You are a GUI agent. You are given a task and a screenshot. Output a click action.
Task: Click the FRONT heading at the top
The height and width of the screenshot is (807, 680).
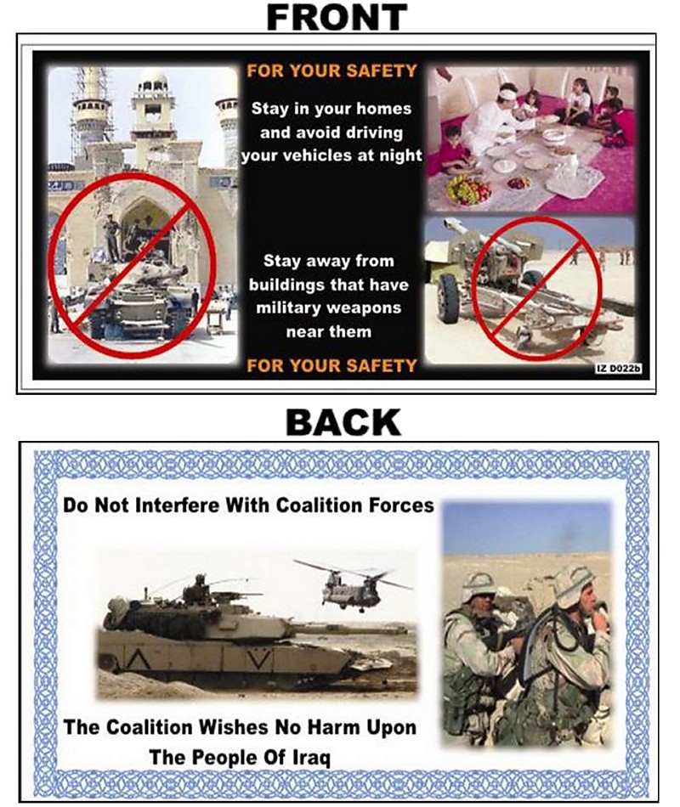(337, 17)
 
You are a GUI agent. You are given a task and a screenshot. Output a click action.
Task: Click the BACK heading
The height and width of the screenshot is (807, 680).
(343, 422)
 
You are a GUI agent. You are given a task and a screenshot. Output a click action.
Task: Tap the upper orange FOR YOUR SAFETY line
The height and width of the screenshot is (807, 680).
(331, 71)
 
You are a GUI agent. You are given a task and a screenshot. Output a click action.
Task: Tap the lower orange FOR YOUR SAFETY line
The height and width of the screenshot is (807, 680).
(331, 365)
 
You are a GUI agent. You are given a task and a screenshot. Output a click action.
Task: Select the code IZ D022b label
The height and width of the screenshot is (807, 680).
(618, 369)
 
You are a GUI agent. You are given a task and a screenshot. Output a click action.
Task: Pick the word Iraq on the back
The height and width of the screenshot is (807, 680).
(311, 758)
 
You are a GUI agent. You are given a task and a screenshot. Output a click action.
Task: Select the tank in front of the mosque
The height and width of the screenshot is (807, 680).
(138, 297)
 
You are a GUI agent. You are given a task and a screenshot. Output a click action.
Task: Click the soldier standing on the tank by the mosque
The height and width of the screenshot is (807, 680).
(111, 238)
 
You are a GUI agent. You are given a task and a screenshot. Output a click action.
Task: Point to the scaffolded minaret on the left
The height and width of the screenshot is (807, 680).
(92, 115)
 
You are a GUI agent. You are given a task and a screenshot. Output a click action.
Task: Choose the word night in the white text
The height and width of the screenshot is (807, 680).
(400, 155)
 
